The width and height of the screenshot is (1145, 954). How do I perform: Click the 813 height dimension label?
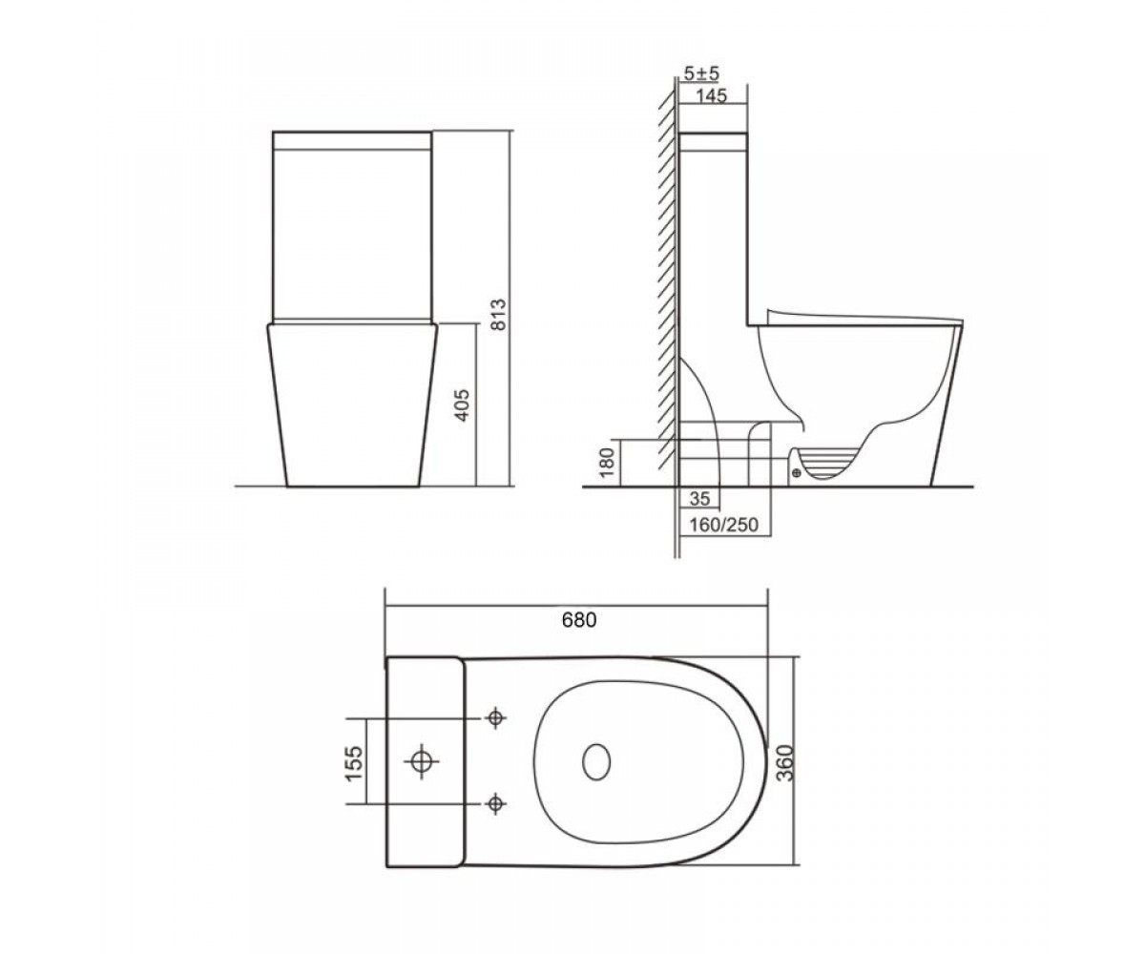(499, 314)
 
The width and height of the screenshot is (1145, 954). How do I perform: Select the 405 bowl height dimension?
(463, 405)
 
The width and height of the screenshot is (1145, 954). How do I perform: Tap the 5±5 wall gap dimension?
(701, 73)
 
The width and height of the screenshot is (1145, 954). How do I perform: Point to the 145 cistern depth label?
(711, 96)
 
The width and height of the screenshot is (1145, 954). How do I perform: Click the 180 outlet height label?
(608, 462)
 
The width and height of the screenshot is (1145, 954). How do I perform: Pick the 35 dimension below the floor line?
(699, 498)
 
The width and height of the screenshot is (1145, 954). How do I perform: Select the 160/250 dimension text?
(723, 525)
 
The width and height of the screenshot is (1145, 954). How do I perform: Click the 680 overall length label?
(579, 619)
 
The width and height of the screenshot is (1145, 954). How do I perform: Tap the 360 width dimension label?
(786, 762)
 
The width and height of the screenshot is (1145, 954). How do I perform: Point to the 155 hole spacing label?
(354, 763)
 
